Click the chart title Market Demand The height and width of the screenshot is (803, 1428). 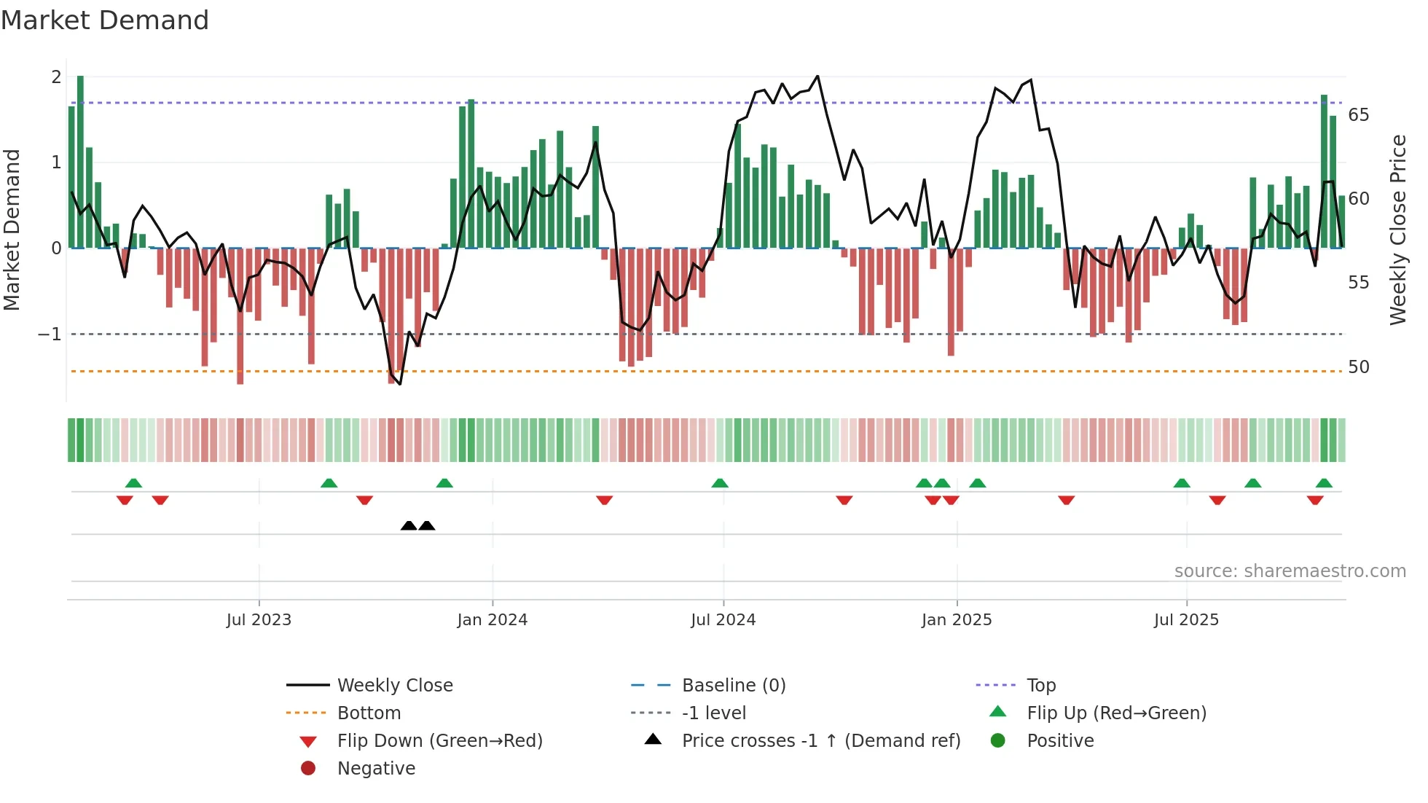coord(105,20)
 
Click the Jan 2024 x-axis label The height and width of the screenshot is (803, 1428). coord(492,620)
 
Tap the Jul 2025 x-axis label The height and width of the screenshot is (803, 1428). coord(1185,620)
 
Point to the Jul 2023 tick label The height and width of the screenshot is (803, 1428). coord(259,620)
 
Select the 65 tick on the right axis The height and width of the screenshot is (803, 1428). coord(1358,115)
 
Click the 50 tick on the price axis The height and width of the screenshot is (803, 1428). coord(1358,367)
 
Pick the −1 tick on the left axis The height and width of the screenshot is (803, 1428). coord(50,334)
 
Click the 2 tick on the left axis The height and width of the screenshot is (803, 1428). coord(56,77)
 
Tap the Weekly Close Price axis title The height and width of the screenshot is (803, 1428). coord(1397,230)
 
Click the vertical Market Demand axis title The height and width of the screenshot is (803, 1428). coord(12,230)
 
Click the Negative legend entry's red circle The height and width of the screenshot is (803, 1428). coord(308,769)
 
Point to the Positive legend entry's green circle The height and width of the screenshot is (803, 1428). coord(998,741)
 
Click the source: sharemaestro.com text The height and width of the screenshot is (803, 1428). coord(1290,571)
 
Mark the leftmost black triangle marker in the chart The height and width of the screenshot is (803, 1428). coord(409,525)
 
